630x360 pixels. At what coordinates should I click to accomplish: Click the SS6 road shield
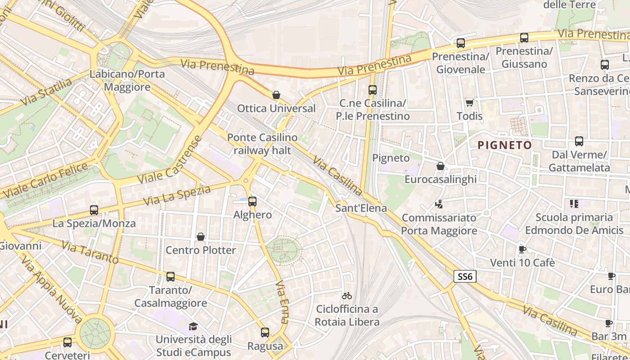point(464,276)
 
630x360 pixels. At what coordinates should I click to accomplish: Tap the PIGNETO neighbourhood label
point(504,145)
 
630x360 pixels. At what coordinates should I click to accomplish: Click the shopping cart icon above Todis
point(470,103)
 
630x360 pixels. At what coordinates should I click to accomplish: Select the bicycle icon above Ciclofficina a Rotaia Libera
point(346,296)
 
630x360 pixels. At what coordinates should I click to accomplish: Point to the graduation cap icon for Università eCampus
point(193,326)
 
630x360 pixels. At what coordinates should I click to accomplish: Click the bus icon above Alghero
point(252,201)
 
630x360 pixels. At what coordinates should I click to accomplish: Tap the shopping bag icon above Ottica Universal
point(276,95)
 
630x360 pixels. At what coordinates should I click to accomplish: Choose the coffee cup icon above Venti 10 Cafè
point(522,249)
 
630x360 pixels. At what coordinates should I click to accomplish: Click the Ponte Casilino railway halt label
point(262,144)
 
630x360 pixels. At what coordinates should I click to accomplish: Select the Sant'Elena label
point(361,208)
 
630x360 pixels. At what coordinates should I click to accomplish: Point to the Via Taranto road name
point(90,252)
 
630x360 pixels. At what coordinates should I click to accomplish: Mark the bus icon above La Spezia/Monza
point(94,210)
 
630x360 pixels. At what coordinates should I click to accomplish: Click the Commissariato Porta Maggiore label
point(439,224)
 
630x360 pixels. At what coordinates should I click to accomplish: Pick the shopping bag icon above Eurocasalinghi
point(441,166)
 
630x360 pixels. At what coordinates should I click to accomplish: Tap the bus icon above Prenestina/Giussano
point(524,38)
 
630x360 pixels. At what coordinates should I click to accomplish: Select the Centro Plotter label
point(201,250)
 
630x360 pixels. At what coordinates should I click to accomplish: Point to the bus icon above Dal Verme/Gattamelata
point(579,141)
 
